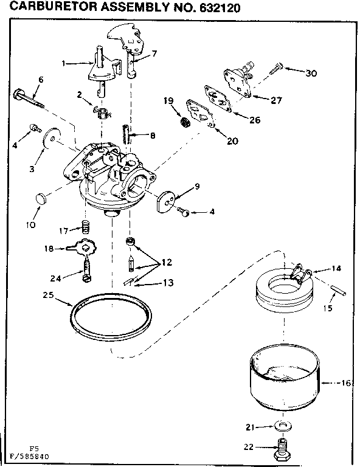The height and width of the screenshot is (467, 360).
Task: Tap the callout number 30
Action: click(311, 73)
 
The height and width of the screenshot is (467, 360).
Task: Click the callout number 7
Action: click(154, 54)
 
